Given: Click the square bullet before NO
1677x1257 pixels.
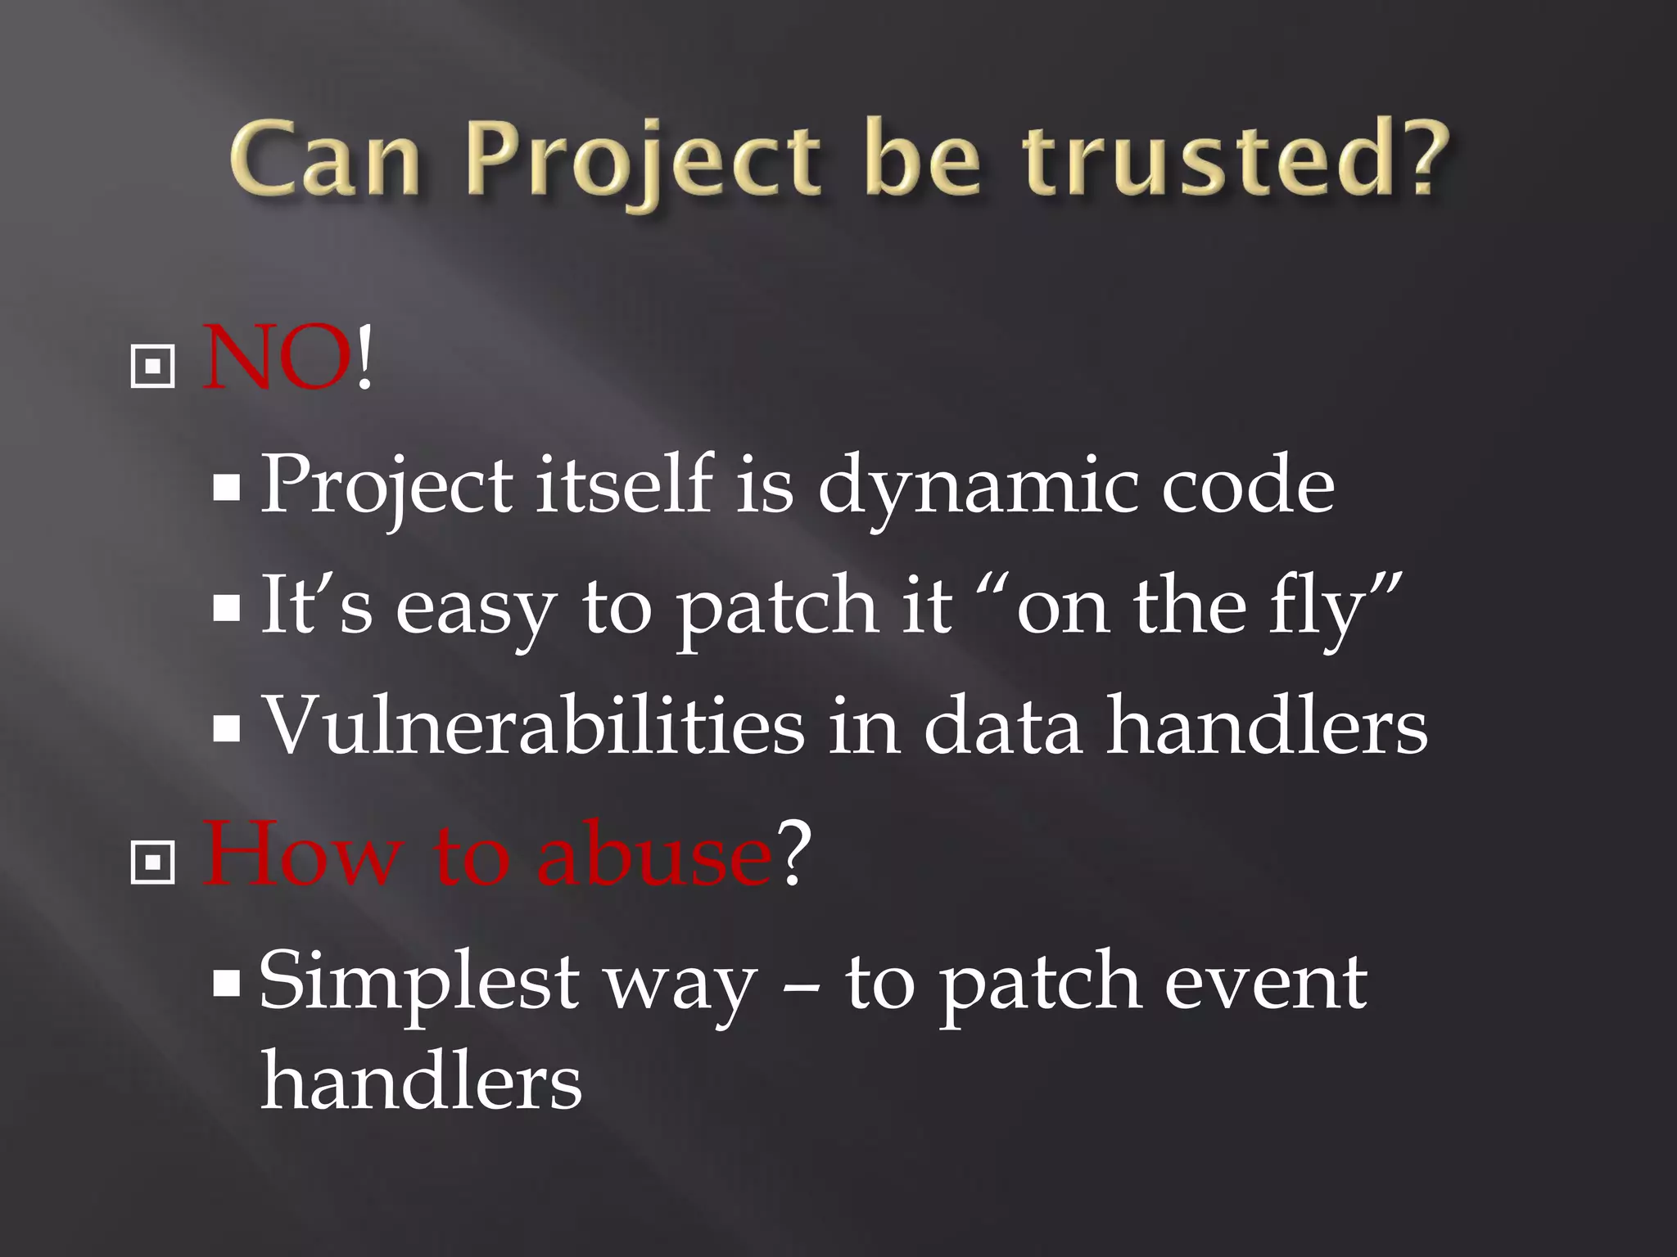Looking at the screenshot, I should [153, 366].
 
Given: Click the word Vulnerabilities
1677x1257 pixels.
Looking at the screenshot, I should [533, 726].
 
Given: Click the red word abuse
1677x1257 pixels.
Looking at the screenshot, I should [653, 855].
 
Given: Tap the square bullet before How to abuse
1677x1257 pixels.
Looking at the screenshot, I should [153, 861].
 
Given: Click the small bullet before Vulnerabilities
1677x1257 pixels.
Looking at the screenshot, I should [227, 728].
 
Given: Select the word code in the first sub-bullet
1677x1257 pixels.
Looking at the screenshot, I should [1248, 487].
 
